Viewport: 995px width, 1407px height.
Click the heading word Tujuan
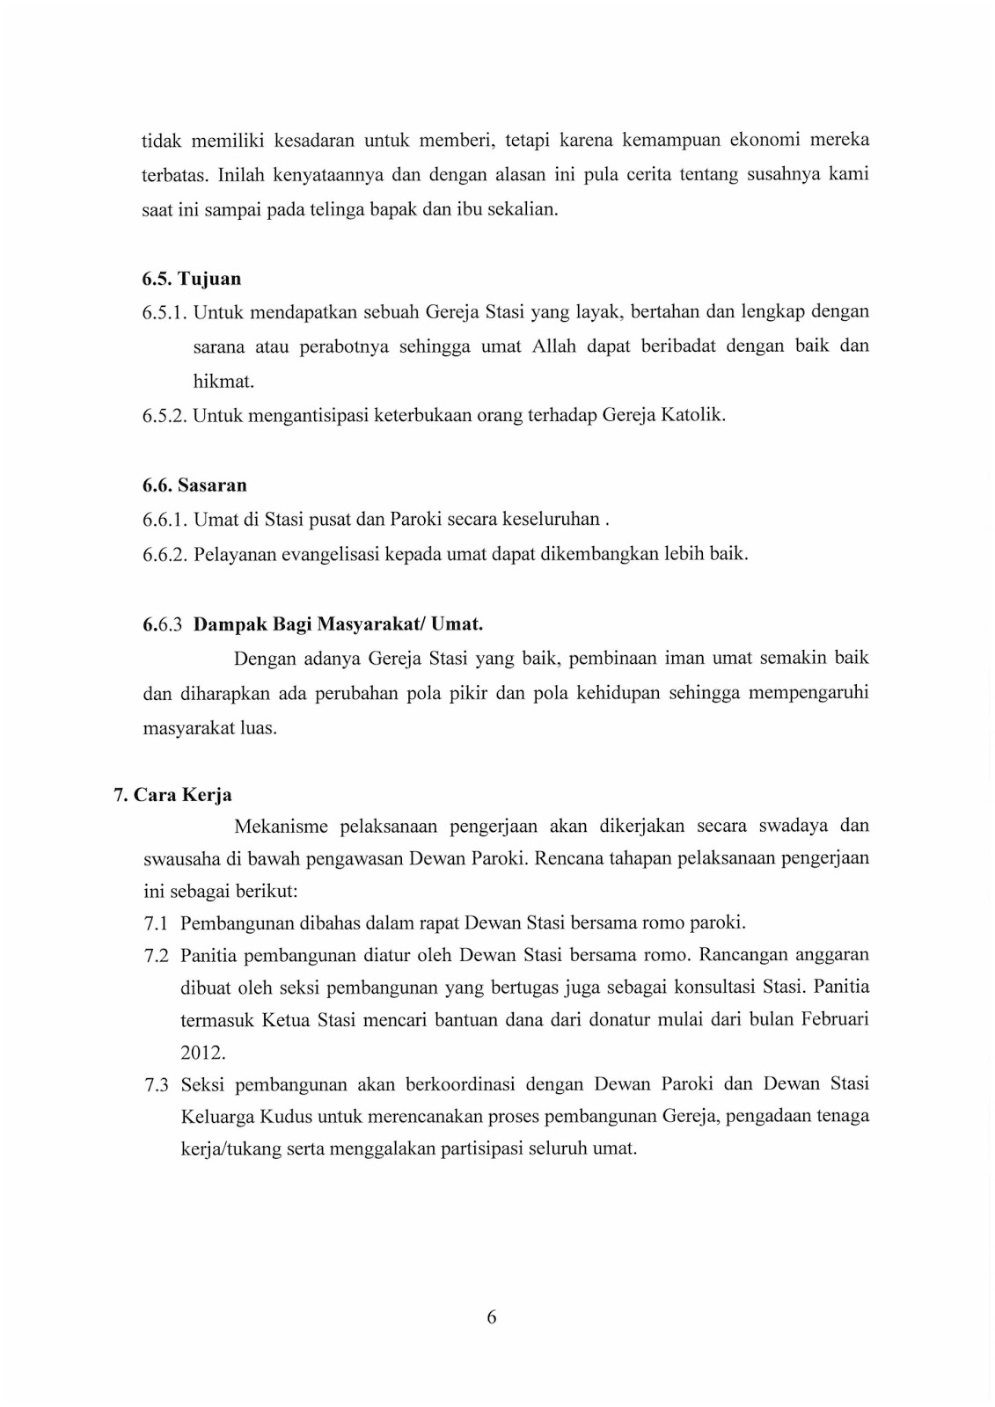click(x=209, y=280)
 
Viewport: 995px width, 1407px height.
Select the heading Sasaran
click(x=212, y=485)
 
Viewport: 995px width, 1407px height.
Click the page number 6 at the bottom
click(x=492, y=1316)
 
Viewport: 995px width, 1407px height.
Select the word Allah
click(x=553, y=346)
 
